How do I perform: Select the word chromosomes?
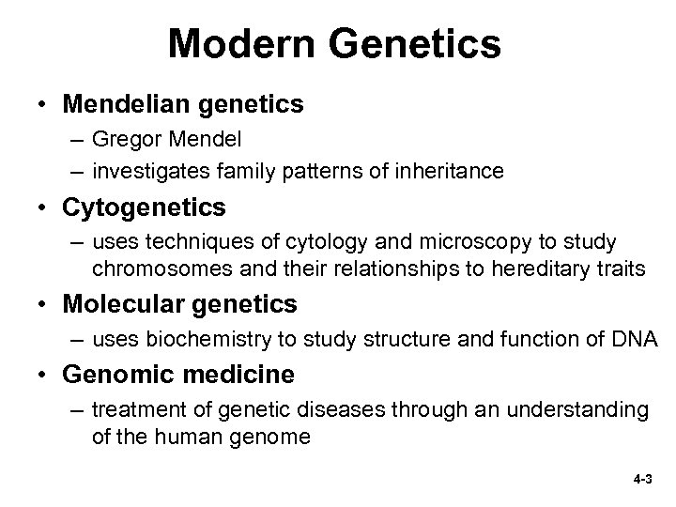click(x=155, y=269)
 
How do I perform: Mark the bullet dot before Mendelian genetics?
click(x=44, y=105)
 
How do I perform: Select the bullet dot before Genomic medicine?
click(x=44, y=376)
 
